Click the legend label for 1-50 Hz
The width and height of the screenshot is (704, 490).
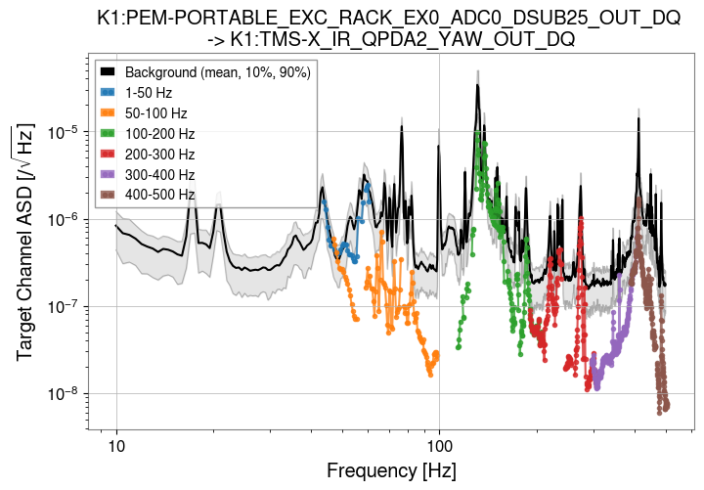(149, 93)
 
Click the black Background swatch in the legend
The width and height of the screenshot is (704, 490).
(109, 73)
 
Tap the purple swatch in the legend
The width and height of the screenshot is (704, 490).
(109, 175)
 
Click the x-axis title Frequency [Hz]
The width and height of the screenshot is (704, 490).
(391, 471)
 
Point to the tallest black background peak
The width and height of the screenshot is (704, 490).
(477, 85)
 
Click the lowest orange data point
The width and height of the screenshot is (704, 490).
(430, 373)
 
